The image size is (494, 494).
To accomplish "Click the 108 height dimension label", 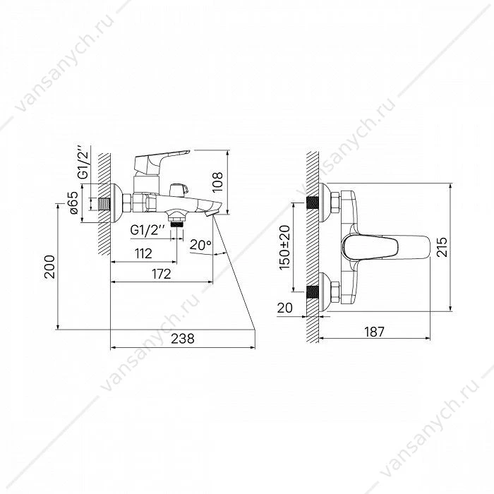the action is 217,181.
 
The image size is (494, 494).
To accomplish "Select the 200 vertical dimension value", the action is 49,267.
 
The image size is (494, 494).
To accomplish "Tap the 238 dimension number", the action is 183,339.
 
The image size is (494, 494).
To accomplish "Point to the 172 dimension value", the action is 162,274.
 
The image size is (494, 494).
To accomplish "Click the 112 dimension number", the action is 143,253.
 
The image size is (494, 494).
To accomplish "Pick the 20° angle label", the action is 200,245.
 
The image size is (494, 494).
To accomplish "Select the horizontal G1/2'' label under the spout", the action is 147,229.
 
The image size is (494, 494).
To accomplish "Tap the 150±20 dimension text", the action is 284,247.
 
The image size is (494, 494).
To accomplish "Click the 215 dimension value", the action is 442,247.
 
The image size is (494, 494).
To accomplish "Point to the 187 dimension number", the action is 374,332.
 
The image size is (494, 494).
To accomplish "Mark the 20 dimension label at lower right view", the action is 285,308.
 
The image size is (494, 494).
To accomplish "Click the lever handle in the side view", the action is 162,161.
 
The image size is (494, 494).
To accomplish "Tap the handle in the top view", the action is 385,247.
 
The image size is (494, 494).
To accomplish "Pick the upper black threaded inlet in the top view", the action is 312,203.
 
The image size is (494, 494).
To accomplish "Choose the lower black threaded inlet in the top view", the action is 312,291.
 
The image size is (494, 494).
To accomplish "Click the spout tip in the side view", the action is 210,213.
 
